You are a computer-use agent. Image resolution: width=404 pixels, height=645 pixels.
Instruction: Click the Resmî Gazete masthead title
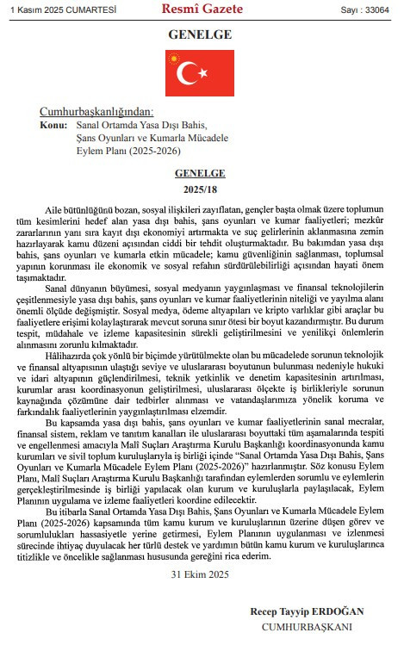point(202,9)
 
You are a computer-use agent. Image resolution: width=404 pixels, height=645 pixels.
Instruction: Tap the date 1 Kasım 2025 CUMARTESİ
point(52,9)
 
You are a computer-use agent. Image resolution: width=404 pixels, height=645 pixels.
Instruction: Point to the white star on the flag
point(203,73)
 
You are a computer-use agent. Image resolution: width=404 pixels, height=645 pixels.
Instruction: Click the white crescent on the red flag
point(190,73)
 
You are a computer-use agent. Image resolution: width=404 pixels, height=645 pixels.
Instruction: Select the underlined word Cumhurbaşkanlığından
point(96,113)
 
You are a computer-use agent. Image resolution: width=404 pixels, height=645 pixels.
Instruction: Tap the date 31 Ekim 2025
point(199,573)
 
